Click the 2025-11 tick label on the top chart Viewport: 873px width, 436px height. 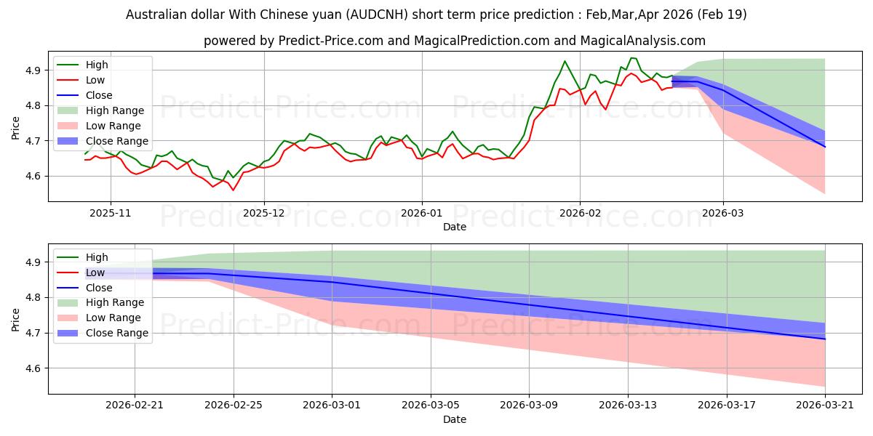tap(111, 214)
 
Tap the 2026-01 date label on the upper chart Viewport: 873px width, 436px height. tap(422, 214)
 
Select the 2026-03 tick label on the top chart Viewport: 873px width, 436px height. tap(723, 214)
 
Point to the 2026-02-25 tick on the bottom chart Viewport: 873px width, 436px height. tap(234, 405)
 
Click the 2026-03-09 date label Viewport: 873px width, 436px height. tap(529, 405)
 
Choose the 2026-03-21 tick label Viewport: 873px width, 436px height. tap(825, 405)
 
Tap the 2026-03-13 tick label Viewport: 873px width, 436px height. tap(628, 405)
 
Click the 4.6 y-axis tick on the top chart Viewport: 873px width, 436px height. tap(33, 177)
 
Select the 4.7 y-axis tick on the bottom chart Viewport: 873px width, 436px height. tap(33, 334)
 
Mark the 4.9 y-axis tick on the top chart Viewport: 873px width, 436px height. tap(33, 70)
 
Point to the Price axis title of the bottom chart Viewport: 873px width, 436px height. tap(15, 320)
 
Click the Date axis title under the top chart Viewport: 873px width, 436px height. tap(455, 227)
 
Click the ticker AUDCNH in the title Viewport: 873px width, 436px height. tap(378, 15)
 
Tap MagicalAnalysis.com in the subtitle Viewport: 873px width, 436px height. tap(642, 41)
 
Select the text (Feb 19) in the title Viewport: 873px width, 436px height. tap(722, 15)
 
